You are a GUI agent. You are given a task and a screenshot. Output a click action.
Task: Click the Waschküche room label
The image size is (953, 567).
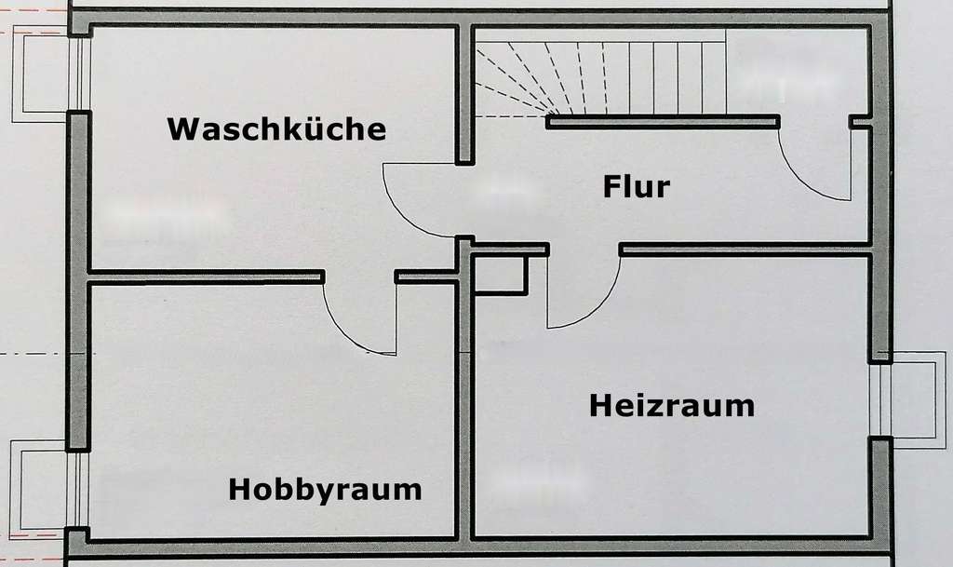tap(276, 128)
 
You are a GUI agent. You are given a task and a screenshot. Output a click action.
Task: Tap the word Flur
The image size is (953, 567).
tap(637, 186)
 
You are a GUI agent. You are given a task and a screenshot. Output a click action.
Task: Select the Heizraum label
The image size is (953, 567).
tap(671, 406)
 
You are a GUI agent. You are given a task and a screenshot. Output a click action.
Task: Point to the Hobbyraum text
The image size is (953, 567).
tap(325, 489)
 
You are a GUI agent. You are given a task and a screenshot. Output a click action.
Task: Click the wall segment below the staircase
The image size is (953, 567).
tap(663, 121)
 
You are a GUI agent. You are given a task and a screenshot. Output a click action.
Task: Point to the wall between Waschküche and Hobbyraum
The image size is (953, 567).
tap(205, 277)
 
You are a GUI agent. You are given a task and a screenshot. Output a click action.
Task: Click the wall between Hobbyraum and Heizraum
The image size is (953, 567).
tap(463, 410)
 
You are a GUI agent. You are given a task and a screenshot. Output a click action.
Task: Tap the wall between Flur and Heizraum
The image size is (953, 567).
tap(745, 249)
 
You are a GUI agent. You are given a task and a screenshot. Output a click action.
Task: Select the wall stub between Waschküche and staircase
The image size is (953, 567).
tap(463, 93)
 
